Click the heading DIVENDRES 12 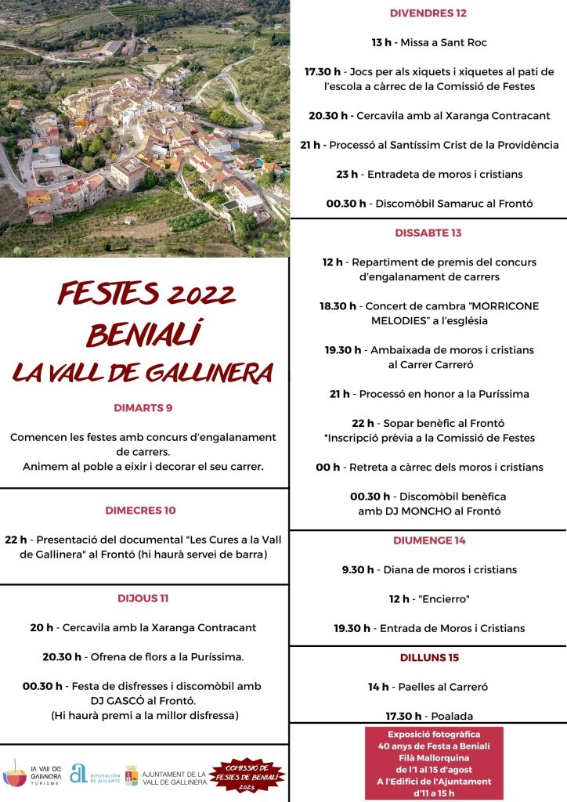pyautogui.click(x=428, y=13)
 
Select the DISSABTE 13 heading pyautogui.click(x=428, y=233)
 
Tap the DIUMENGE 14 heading pyautogui.click(x=428, y=540)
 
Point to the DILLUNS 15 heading pyautogui.click(x=428, y=657)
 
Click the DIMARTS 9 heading pyautogui.click(x=143, y=408)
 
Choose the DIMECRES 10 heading pyautogui.click(x=141, y=511)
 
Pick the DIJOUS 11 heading pyautogui.click(x=143, y=598)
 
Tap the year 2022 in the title pyautogui.click(x=190, y=295)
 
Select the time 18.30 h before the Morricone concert pyautogui.click(x=338, y=306)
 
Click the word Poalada pyautogui.click(x=451, y=716)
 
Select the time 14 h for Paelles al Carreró pyautogui.click(x=379, y=687)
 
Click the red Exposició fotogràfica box pyautogui.click(x=434, y=763)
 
